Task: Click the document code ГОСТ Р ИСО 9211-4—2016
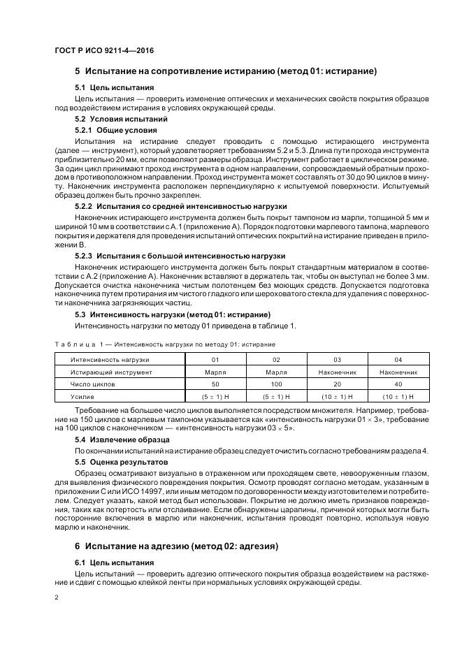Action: coord(104,52)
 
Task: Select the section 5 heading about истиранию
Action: coord(226,72)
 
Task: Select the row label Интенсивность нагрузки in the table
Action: coord(110,360)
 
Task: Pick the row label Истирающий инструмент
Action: coord(109,372)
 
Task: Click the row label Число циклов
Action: coord(92,384)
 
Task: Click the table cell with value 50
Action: coord(215,384)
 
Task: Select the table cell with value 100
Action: coord(276,384)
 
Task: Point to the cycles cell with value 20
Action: coord(338,384)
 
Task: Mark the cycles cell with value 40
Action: coord(398,384)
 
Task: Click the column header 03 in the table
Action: coord(338,360)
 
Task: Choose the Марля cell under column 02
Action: coord(276,372)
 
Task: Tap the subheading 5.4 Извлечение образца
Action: coord(122,440)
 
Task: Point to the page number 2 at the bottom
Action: coord(56,598)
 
